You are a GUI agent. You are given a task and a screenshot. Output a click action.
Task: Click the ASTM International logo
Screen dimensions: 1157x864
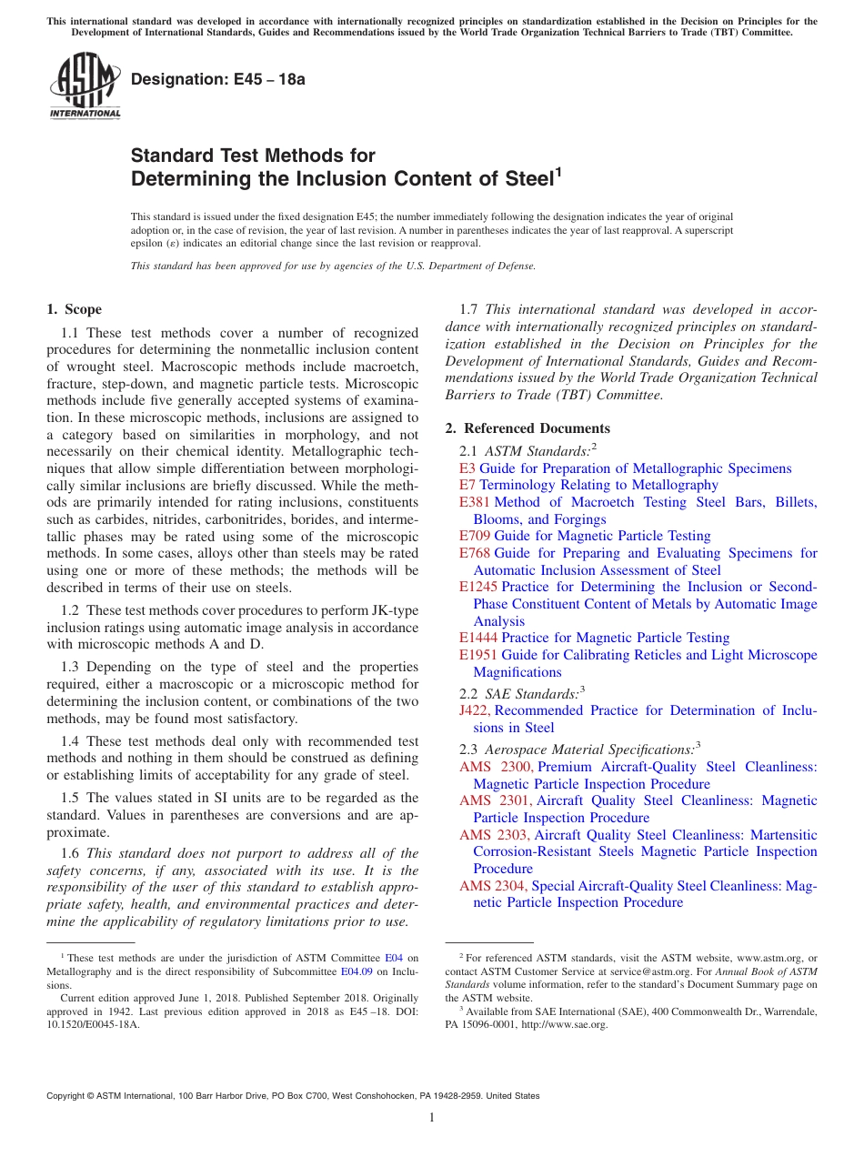pos(85,86)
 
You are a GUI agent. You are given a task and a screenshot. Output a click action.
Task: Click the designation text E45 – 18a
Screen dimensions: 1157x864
pos(218,79)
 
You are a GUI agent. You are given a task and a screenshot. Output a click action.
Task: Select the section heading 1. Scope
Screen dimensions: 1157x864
pos(75,309)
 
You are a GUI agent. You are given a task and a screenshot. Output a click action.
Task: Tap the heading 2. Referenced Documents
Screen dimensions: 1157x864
pos(527,428)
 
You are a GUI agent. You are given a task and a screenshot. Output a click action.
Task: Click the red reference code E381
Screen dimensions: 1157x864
pos(475,502)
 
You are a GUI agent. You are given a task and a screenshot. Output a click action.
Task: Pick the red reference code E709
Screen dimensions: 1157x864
pos(475,536)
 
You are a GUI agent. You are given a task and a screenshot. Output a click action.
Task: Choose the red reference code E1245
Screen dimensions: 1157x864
pos(478,587)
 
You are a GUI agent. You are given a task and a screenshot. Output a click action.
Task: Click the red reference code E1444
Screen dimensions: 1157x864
pos(478,638)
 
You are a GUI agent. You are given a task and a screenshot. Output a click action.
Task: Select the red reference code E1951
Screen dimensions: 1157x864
pos(478,655)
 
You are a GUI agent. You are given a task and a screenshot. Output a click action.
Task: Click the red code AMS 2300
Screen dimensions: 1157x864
pos(497,767)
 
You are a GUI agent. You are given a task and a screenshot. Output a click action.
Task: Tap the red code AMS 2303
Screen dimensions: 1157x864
pos(495,835)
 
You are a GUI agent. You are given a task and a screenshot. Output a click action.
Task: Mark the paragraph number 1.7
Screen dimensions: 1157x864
pos(469,310)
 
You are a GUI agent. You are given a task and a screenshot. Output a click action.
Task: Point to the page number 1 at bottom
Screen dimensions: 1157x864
pos(432,1118)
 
